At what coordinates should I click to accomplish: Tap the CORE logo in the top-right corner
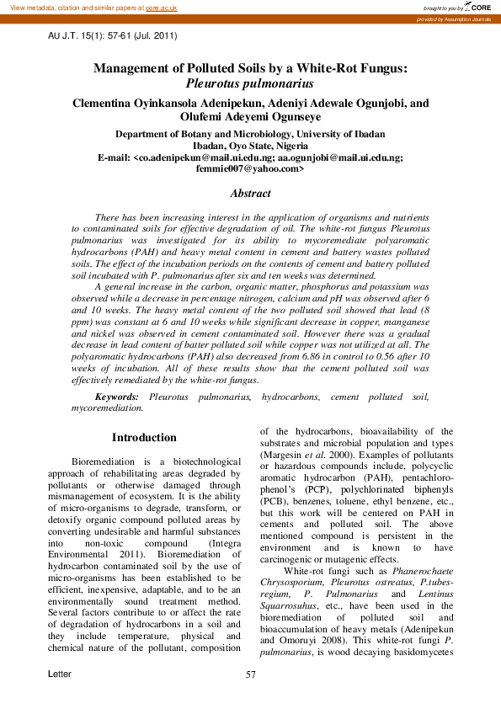(481, 7)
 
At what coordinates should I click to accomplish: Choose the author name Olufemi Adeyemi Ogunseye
(250, 117)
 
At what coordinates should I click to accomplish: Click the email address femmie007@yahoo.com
(249, 168)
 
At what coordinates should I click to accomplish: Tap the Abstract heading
(250, 193)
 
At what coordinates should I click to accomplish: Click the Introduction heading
(144, 437)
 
